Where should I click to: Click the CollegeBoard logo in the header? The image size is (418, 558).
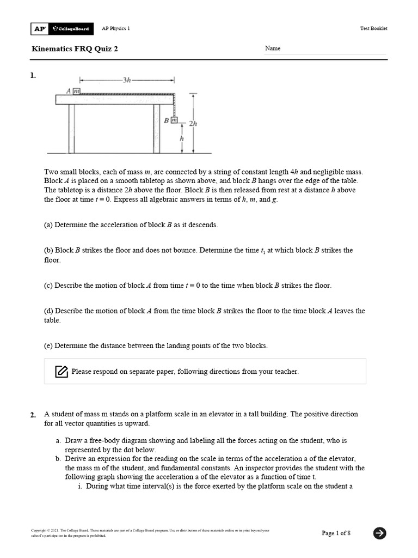click(x=70, y=29)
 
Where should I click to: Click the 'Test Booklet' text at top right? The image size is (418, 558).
click(x=374, y=29)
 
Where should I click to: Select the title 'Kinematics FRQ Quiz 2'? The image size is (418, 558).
click(x=75, y=48)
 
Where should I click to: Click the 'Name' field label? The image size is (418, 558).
click(x=273, y=48)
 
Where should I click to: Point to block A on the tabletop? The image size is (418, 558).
click(x=77, y=92)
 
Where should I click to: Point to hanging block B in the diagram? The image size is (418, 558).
click(x=173, y=119)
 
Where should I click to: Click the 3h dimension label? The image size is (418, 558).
click(x=127, y=80)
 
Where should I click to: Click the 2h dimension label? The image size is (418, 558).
click(x=193, y=123)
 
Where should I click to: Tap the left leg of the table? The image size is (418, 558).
click(x=71, y=129)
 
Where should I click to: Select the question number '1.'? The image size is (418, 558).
click(x=33, y=76)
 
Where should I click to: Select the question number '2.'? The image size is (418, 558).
click(x=33, y=415)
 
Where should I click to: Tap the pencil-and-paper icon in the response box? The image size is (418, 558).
click(x=62, y=372)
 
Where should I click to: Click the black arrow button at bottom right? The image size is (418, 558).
click(x=380, y=533)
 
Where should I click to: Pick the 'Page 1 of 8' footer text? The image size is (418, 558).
click(x=336, y=533)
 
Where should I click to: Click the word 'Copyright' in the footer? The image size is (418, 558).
click(x=40, y=530)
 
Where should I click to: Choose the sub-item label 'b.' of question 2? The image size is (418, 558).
click(x=58, y=459)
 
